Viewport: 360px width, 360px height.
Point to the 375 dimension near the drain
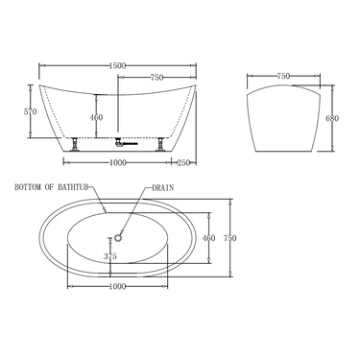click(x=110, y=257)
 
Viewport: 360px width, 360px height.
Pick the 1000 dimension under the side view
click(x=118, y=161)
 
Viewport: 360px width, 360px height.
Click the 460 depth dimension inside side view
click(x=96, y=118)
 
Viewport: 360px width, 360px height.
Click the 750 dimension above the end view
click(x=284, y=75)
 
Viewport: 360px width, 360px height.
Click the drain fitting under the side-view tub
click(x=120, y=142)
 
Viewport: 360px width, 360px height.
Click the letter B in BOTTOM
click(x=17, y=189)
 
